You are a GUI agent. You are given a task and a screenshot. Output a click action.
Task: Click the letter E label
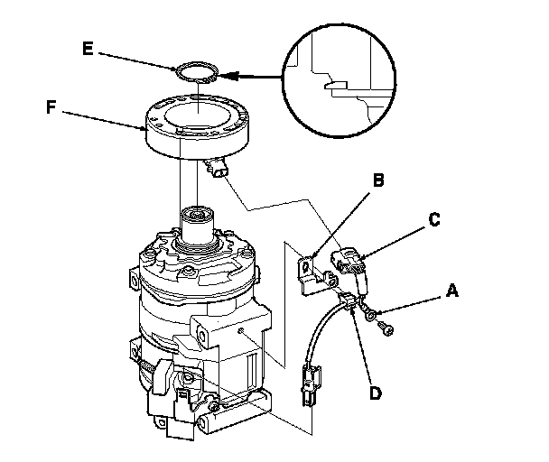[x=88, y=49]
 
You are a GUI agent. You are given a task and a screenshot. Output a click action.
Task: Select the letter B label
[x=379, y=180]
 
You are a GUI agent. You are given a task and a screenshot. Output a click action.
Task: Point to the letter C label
[x=434, y=218]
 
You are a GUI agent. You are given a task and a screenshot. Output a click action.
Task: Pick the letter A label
[x=451, y=291]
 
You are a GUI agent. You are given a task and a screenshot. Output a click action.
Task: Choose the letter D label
[x=374, y=393]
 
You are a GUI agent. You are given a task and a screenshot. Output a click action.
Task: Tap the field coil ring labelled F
[x=197, y=131]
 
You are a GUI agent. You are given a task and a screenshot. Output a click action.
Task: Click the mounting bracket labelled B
[x=311, y=273]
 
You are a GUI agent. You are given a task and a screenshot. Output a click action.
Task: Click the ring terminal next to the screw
[x=371, y=313]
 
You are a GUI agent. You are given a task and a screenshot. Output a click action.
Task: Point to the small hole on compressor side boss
[x=240, y=333]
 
